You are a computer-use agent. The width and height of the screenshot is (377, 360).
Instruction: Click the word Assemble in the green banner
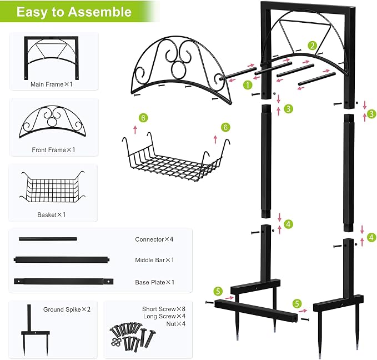click(x=100, y=12)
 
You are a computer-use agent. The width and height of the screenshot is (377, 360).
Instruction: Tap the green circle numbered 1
click(x=248, y=84)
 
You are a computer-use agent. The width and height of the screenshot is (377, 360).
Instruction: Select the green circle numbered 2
click(x=313, y=46)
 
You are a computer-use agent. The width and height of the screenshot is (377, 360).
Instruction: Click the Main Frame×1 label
click(x=52, y=84)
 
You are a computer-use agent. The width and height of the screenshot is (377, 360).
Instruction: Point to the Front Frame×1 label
click(x=53, y=150)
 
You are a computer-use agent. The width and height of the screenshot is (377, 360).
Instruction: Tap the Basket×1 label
click(x=51, y=214)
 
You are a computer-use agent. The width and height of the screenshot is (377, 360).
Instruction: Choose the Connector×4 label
click(x=154, y=239)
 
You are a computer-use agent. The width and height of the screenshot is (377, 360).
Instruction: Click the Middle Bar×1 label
click(x=154, y=260)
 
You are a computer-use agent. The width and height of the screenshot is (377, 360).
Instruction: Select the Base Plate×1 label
click(x=154, y=282)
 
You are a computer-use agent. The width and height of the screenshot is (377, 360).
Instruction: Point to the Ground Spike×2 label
click(x=67, y=309)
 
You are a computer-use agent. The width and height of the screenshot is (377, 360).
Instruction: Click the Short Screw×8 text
click(x=164, y=309)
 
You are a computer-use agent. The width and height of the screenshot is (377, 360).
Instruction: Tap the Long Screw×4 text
click(x=164, y=316)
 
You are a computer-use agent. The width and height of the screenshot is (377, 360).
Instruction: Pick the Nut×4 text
click(x=176, y=324)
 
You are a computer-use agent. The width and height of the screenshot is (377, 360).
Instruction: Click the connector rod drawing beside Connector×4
click(x=48, y=239)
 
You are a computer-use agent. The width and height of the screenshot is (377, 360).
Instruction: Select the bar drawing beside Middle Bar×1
click(x=62, y=259)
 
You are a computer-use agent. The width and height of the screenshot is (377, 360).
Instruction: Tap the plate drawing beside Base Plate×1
click(x=63, y=281)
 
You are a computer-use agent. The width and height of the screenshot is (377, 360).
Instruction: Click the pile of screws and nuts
click(x=133, y=334)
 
